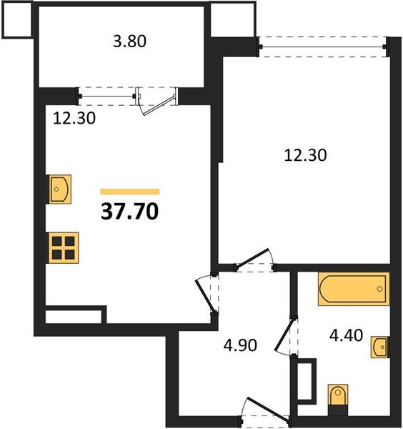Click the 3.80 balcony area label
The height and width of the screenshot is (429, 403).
(x=130, y=41)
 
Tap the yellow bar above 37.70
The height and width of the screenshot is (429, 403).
(x=130, y=192)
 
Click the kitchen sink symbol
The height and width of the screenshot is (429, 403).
(x=59, y=189)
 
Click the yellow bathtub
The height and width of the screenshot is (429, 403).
(x=353, y=290)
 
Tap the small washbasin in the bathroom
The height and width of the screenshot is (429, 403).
(x=380, y=347)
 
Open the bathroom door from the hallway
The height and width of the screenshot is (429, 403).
(x=289, y=337)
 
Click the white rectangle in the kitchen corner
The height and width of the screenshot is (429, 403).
(x=75, y=316)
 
